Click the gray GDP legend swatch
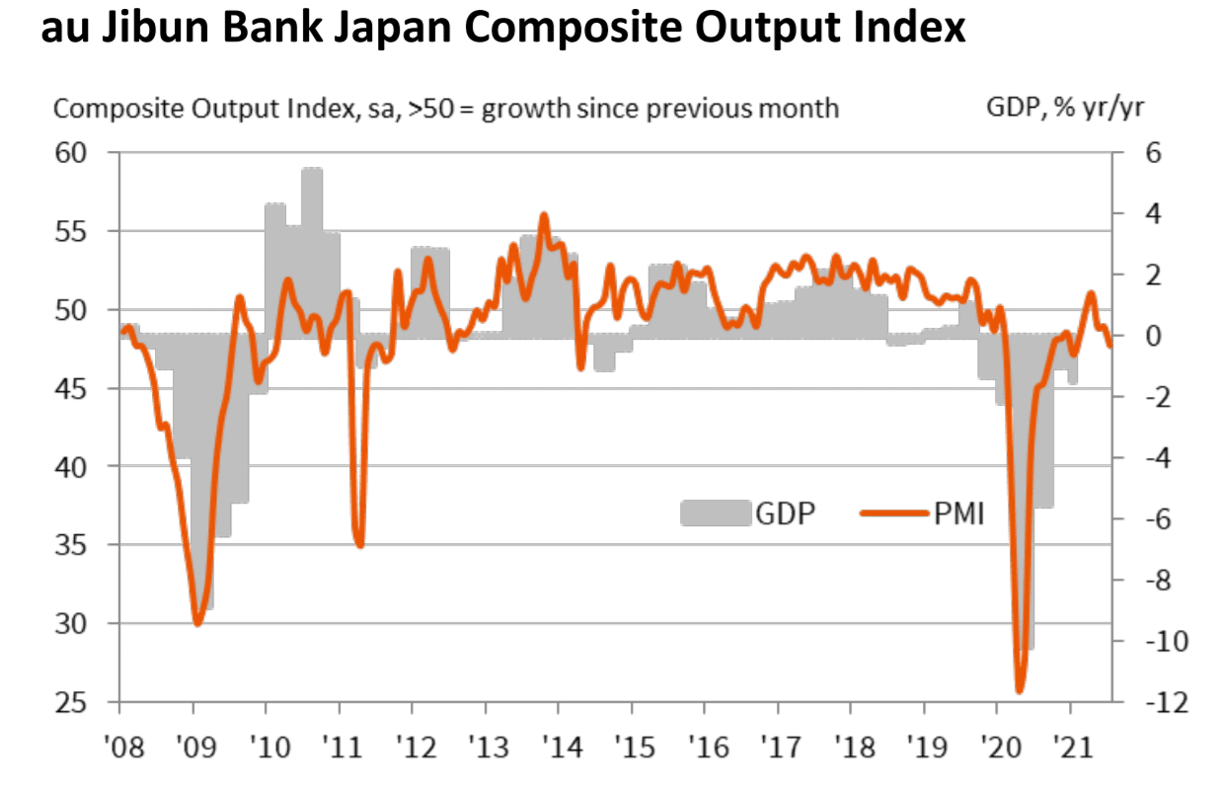[714, 512]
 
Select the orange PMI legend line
[893, 512]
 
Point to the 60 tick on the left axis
[73, 153]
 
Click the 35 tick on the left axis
[73, 545]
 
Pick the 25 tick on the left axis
[73, 702]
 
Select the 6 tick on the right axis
[1151, 153]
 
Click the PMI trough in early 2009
[197, 623]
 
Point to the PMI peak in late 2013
[544, 214]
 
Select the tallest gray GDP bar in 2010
[312, 170]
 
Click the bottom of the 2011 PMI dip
[359, 545]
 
